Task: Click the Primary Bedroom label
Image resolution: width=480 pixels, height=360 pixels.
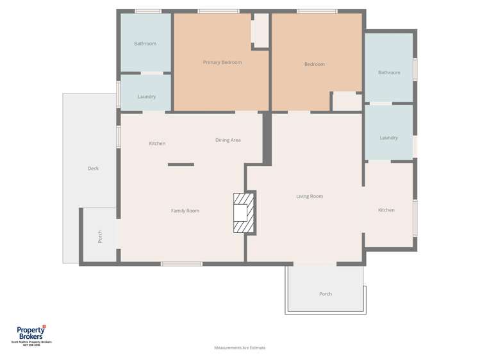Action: tap(222, 62)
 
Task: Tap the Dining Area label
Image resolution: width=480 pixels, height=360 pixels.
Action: tap(228, 140)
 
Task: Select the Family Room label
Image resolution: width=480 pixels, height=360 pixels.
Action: tap(185, 211)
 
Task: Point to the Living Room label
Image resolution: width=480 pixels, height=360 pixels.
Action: tap(310, 196)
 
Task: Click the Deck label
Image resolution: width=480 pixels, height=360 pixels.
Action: tap(93, 168)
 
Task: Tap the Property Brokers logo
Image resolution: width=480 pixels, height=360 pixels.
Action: tap(31, 333)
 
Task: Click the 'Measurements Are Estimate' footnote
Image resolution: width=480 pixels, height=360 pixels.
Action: tap(240, 348)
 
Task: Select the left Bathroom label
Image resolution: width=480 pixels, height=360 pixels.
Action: tap(145, 44)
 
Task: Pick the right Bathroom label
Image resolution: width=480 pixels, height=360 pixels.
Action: tap(389, 72)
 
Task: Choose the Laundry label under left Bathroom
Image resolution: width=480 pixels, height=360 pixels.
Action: tap(147, 97)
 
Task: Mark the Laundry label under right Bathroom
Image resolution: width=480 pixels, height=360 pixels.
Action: tap(388, 138)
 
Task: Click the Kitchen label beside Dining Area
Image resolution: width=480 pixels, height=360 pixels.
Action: tap(157, 143)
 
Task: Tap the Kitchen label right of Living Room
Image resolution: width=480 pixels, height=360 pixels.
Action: tap(386, 210)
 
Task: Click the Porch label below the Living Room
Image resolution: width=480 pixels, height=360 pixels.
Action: tap(326, 294)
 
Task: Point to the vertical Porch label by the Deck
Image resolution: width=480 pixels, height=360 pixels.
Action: tap(100, 237)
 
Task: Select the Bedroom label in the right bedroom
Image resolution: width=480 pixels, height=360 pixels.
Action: tap(315, 64)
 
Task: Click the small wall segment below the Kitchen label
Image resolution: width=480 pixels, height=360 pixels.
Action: tap(181, 165)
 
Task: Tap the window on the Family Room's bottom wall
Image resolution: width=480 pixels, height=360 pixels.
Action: tap(181, 263)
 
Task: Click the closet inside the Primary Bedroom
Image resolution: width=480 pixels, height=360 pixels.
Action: tap(260, 29)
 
